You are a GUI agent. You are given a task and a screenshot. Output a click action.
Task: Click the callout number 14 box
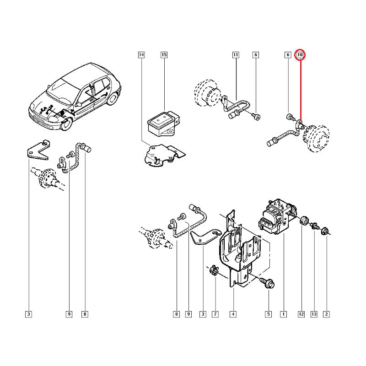click(x=141, y=55)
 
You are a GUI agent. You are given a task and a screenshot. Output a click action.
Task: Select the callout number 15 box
click(x=164, y=55)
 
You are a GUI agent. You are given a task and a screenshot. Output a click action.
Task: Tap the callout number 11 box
click(x=236, y=55)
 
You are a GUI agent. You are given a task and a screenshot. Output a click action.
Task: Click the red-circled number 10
click(x=300, y=55)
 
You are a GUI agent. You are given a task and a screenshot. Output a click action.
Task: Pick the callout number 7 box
click(x=215, y=314)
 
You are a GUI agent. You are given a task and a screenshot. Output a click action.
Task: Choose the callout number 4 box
click(x=233, y=314)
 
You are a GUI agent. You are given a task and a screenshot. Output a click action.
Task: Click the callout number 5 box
click(x=269, y=314)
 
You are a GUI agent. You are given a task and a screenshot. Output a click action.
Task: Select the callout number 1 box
click(x=283, y=314)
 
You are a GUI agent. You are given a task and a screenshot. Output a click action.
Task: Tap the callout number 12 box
click(x=301, y=314)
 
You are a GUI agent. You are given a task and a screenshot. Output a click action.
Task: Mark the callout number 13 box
click(x=314, y=314)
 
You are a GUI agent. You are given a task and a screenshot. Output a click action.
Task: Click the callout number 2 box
click(x=326, y=314)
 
